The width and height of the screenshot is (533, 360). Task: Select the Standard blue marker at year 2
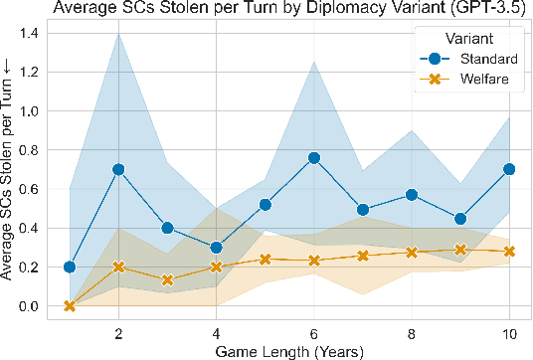pyautogui.click(x=118, y=169)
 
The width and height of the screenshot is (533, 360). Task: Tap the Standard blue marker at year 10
pyautogui.click(x=510, y=169)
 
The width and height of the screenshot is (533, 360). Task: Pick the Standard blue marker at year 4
pyautogui.click(x=216, y=248)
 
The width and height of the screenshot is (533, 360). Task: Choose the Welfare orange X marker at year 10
pyautogui.click(x=510, y=251)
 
